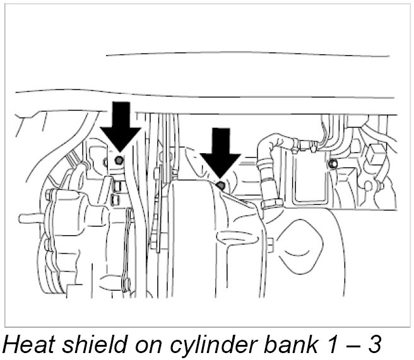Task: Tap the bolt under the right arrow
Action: [220, 185]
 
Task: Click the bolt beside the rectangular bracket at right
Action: [333, 165]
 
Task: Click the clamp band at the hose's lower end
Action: [273, 204]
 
